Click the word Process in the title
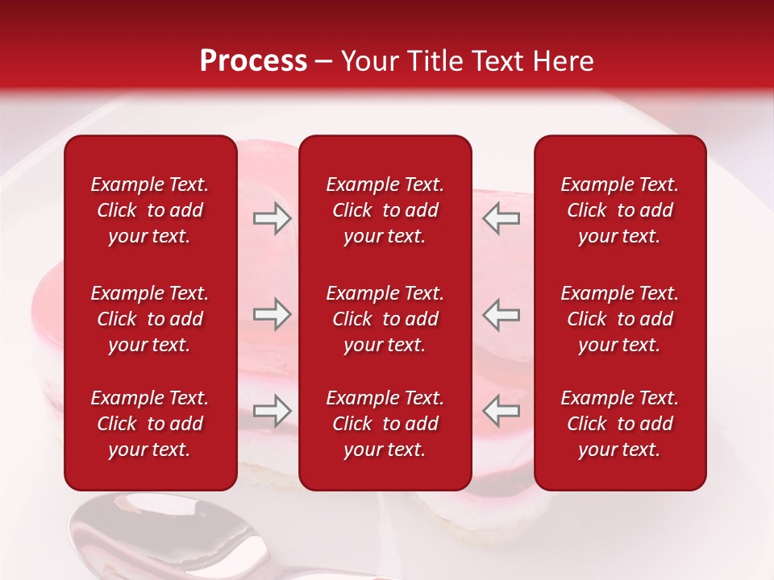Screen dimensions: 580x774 [253, 61]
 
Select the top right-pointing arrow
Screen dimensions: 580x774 [272, 218]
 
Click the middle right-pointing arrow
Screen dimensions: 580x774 [272, 314]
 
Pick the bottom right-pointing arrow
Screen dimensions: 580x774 [272, 412]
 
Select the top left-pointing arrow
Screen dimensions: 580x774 [501, 218]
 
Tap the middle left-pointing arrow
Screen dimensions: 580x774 [501, 314]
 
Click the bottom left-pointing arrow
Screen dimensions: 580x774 [501, 412]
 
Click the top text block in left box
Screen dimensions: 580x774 [150, 210]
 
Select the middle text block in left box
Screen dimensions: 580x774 [150, 319]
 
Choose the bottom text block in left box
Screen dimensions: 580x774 [150, 424]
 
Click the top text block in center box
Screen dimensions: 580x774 [385, 210]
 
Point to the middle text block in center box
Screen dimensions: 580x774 [385, 319]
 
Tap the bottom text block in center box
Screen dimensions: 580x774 [385, 424]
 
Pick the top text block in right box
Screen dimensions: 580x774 [619, 210]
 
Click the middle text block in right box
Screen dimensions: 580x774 [619, 319]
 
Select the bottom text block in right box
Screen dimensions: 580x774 [619, 424]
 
